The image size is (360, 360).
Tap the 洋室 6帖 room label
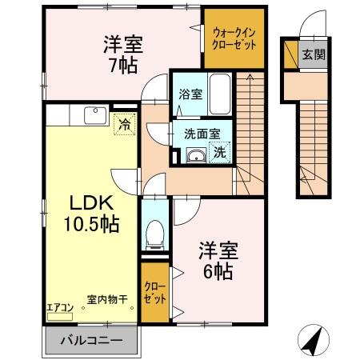[x=216, y=261]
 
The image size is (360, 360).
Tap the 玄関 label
[x=313, y=55]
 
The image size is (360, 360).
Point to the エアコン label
[x=60, y=305]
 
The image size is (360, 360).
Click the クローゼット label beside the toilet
[x=155, y=293]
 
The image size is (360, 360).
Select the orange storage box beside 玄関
[x=289, y=54]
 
